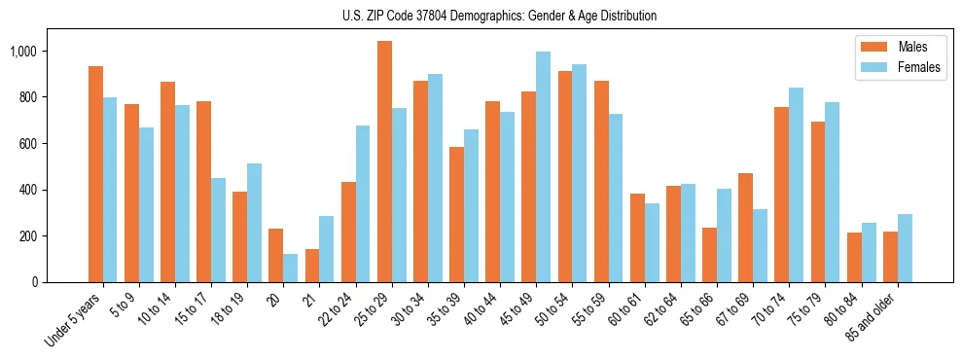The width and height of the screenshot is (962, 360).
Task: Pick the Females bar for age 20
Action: pos(290,269)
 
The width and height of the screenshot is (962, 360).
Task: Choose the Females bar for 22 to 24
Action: pos(363,204)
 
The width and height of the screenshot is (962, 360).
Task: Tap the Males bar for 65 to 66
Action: pos(709,255)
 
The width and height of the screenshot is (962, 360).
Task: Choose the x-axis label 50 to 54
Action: pos(555,308)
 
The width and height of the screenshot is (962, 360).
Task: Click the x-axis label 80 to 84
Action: pos(843,308)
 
